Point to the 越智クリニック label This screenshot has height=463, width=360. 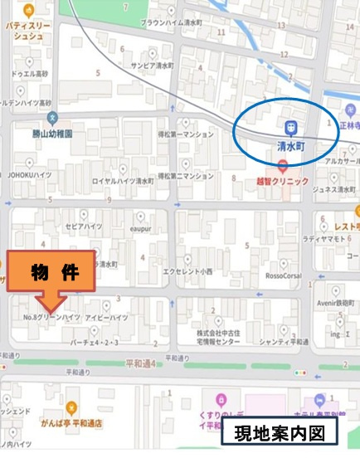[282, 180]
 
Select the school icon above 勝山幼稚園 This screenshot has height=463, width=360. [51, 117]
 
